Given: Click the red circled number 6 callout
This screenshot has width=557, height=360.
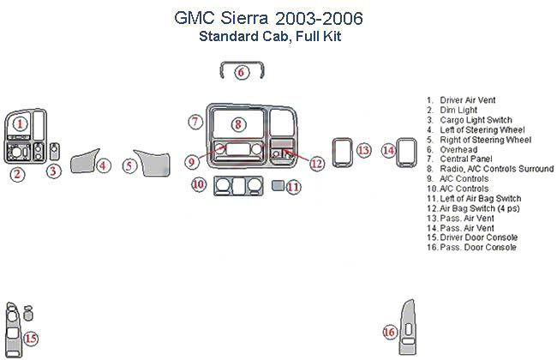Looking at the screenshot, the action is (242, 73).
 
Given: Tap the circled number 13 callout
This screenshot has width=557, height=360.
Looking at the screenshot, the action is (363, 150).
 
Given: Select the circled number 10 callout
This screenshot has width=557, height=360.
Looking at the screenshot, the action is (199, 184).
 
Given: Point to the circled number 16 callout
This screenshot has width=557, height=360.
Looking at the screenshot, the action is (389, 333).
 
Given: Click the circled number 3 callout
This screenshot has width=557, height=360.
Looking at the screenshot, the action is (53, 171).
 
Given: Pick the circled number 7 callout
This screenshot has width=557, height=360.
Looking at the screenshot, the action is (195, 122).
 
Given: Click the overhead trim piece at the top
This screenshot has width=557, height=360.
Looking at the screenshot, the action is (242, 70).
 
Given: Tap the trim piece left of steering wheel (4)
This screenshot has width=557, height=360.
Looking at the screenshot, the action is (84, 161).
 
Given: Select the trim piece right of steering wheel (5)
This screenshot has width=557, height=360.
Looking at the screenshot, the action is (153, 163).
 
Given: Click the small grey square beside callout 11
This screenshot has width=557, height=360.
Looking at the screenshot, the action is (278, 185).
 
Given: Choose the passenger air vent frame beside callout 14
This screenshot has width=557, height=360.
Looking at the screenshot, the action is (406, 153).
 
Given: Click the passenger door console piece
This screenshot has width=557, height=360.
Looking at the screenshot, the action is (408, 327).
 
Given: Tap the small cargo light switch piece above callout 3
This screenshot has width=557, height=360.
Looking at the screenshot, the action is (55, 152).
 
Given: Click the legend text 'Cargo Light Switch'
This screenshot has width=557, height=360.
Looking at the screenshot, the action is (476, 120).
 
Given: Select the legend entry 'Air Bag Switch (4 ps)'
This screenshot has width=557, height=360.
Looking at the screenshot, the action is (480, 208).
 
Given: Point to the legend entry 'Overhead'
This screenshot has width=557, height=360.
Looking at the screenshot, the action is (458, 150).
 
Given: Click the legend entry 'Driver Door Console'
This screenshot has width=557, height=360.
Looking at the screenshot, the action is (478, 237).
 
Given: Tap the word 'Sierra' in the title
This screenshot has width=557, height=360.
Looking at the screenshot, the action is (244, 18).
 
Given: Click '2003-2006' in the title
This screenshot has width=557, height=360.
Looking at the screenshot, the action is (319, 18).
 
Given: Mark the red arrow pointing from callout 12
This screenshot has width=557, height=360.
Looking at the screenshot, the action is (296, 156).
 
